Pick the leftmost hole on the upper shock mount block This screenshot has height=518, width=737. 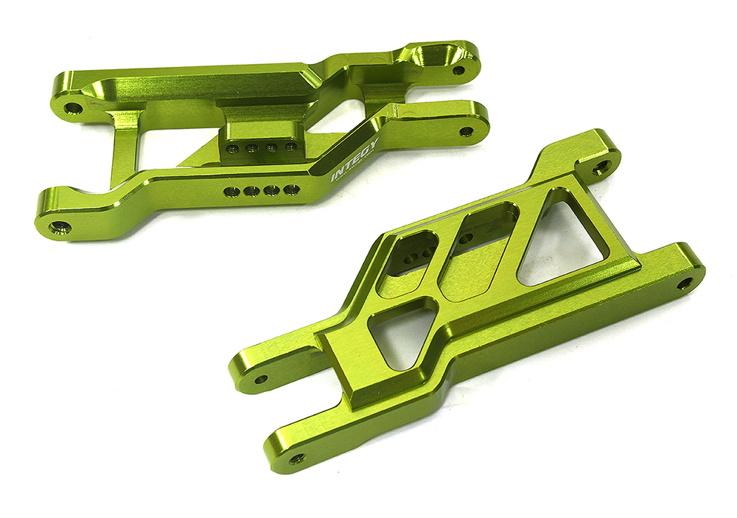[233, 148]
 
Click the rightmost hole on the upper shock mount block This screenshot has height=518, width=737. [290, 146]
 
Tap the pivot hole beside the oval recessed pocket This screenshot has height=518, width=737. [458, 71]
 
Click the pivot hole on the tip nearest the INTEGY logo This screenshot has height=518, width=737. [466, 132]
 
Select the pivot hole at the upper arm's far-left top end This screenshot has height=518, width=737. [72, 108]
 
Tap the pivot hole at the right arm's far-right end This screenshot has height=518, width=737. [685, 282]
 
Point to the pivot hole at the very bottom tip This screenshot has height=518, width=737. [297, 458]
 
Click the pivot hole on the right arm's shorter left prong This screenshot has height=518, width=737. [261, 381]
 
